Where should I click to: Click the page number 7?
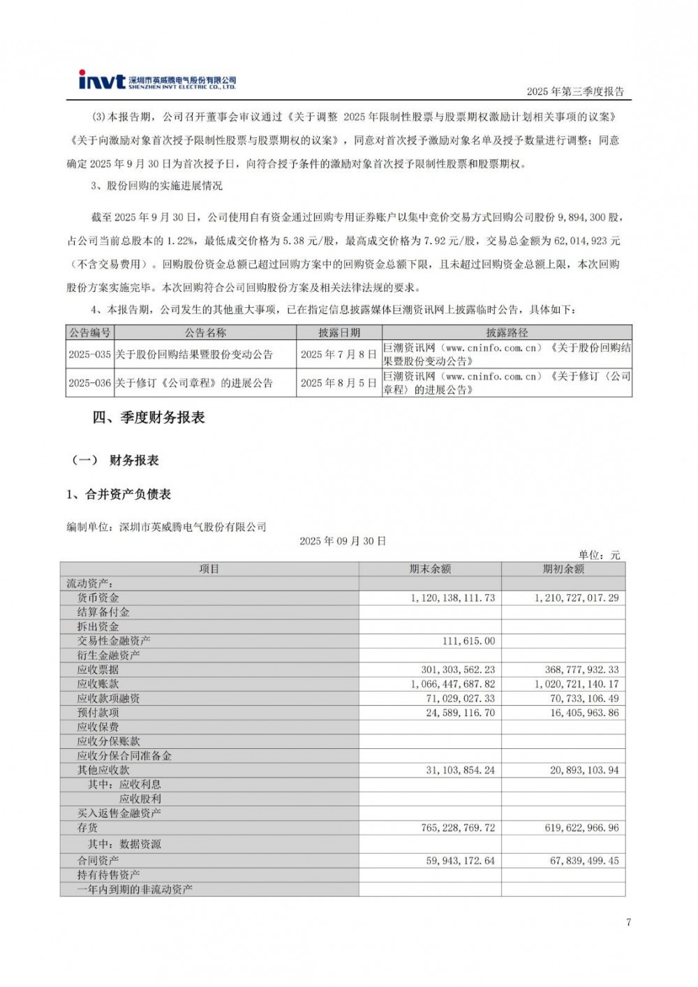628,922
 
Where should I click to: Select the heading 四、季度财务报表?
149,417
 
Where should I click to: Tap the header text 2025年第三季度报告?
575,91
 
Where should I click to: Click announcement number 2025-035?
90,355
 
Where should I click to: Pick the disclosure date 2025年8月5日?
339,383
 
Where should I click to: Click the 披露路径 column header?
507,333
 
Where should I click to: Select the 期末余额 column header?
430,569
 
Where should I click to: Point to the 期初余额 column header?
563,569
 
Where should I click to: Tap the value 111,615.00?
468,641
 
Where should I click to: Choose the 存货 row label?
88,828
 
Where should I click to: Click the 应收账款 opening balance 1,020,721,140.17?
577,684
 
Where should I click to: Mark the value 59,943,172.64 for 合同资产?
460,861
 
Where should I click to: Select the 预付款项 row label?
98,713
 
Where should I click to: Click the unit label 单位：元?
599,555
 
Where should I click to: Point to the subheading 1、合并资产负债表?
119,494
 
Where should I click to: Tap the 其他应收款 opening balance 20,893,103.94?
584,770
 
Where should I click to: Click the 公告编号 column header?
90,333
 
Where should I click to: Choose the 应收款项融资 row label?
109,698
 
